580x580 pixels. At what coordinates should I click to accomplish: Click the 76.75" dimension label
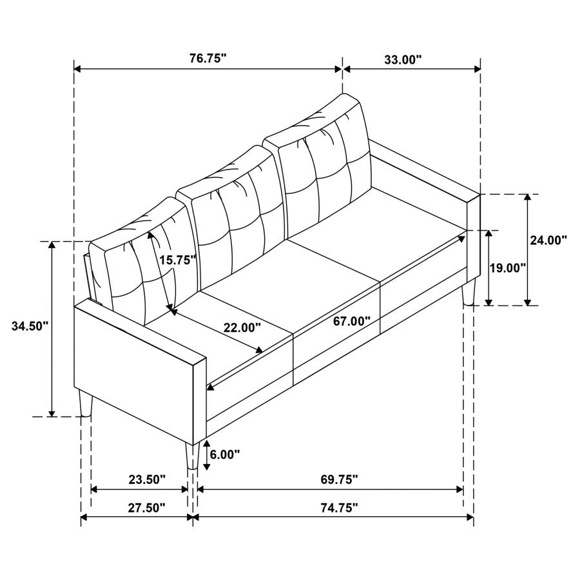pos(208,59)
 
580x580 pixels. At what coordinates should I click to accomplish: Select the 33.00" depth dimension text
pos(403,59)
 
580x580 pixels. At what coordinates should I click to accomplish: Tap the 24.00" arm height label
pos(548,240)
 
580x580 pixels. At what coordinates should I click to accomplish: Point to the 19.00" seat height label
pos(508,267)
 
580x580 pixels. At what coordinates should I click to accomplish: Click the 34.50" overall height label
pos(30,326)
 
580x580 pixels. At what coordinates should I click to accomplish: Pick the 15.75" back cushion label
pos(177,260)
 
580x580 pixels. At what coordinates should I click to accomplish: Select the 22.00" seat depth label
pos(242,327)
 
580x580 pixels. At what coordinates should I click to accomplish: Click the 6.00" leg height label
pos(226,454)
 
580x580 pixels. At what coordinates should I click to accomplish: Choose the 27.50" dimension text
pos(146,508)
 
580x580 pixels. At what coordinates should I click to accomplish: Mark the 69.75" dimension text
pos(339,479)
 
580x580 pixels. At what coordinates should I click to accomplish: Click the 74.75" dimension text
pos(339,508)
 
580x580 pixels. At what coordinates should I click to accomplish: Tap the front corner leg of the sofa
pos(191,456)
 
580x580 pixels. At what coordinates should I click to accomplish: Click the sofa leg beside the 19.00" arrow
pos(469,291)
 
